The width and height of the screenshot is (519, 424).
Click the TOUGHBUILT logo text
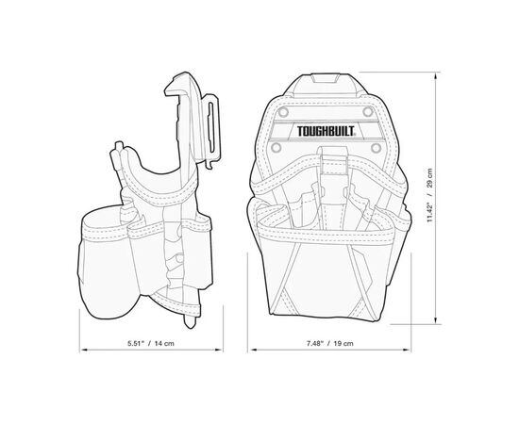pos(326,131)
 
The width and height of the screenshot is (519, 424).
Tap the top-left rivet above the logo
pos(283,112)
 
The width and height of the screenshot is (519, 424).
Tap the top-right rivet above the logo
pos(368,112)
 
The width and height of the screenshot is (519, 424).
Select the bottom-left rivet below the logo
pos(276,147)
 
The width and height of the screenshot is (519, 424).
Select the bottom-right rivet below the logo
pos(376,147)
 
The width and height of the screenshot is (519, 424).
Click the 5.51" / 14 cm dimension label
pos(151,343)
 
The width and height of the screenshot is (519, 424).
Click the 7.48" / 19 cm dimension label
pos(329,343)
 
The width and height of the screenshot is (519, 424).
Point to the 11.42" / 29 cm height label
pos(429,195)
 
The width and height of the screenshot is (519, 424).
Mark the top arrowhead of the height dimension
pos(437,75)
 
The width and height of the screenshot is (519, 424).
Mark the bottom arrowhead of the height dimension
pos(437,320)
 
